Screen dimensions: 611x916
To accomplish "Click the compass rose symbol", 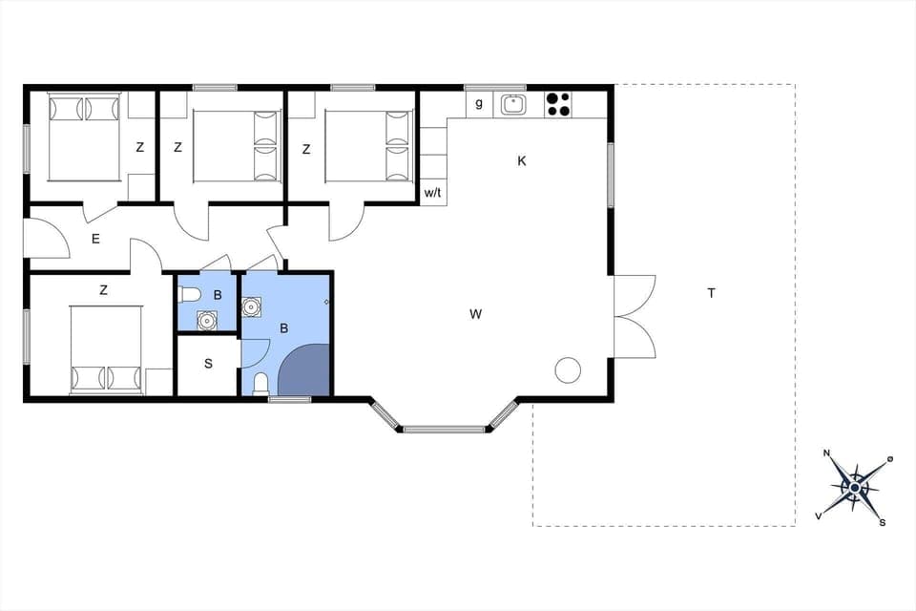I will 855,487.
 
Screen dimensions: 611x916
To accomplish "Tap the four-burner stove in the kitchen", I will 557,104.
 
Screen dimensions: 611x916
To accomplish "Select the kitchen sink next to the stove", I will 514,104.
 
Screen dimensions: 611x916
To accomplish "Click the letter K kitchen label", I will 522,161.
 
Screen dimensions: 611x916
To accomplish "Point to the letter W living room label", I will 475,313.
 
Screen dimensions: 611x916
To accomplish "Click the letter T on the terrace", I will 711,293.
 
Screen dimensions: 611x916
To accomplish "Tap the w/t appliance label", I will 432,193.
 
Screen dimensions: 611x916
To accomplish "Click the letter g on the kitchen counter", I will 479,103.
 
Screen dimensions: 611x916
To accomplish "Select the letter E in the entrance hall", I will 95,240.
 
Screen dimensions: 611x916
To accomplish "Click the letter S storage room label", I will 208,365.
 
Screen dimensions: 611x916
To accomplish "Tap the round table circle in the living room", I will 569,369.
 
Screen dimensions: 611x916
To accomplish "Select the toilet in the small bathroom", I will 189,294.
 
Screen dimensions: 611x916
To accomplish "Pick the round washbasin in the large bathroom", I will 253,307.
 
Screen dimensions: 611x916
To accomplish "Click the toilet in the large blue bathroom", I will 260,385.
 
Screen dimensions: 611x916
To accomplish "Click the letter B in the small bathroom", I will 218,296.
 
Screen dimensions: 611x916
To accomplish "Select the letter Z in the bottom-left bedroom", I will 103,289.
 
